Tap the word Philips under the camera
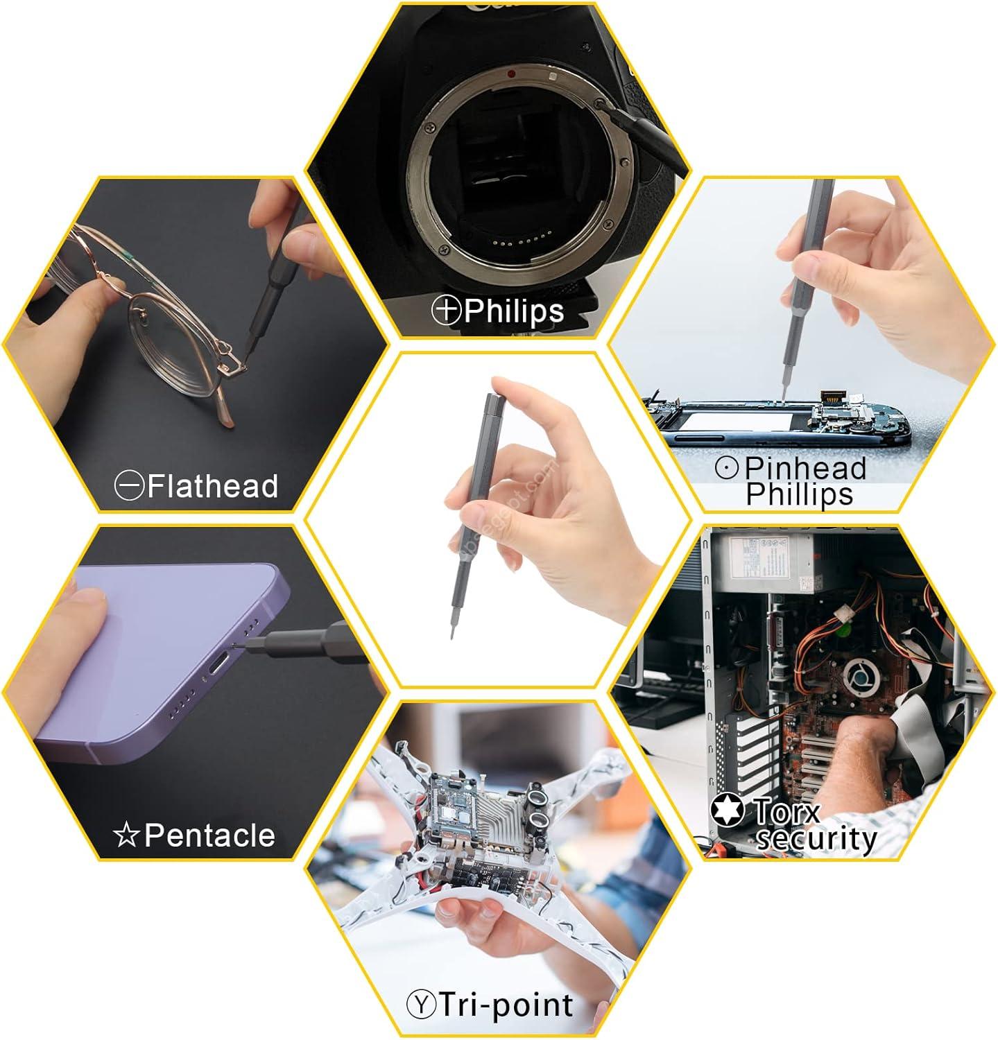(x=514, y=311)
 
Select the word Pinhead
(x=806, y=468)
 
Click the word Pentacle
(x=209, y=835)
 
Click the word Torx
(x=786, y=811)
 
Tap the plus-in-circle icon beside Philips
(x=447, y=310)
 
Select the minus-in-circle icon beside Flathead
(x=130, y=486)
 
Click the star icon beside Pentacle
(x=127, y=835)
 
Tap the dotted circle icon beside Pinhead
(x=727, y=469)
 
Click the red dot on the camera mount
(x=511, y=73)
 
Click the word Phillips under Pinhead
(x=800, y=494)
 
